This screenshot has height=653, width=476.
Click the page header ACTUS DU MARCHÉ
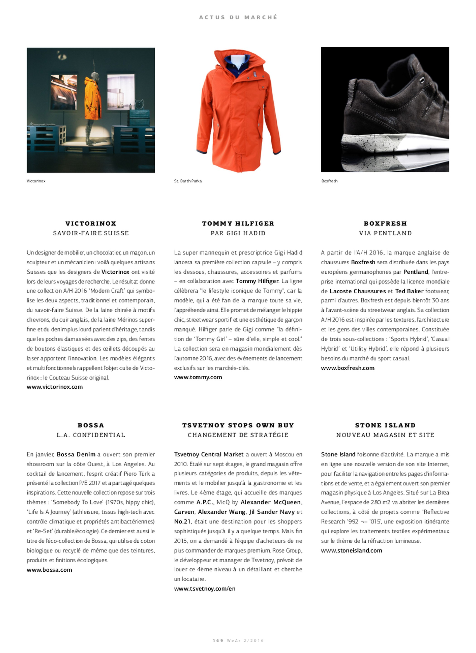click(238, 17)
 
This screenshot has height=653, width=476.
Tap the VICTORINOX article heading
click(91, 223)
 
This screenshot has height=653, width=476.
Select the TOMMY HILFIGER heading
click(238, 223)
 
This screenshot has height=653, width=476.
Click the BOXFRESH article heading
click(385, 223)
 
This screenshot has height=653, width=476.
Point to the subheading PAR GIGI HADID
click(238, 233)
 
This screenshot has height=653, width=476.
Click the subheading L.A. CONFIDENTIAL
click(91, 435)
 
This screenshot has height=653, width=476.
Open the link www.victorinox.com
click(55, 387)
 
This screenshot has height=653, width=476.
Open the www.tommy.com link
click(198, 377)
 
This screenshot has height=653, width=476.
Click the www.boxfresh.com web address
click(348, 368)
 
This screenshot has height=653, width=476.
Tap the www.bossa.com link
click(49, 570)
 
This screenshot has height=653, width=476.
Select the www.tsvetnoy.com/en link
click(205, 589)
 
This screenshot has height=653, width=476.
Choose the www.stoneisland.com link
click(352, 550)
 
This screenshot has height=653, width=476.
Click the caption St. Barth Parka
click(188, 181)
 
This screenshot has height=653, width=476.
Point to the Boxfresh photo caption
click(329, 181)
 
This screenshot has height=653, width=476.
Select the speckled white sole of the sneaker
click(375, 141)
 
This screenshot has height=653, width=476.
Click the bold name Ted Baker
click(409, 291)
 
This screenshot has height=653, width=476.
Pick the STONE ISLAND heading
click(385, 425)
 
